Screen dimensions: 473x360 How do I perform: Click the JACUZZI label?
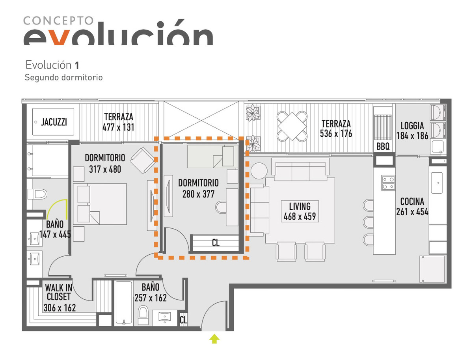point(54,122)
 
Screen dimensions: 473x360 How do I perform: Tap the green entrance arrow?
point(214,338)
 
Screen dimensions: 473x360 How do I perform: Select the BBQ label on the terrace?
point(383,147)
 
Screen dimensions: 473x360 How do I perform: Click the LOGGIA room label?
point(412,126)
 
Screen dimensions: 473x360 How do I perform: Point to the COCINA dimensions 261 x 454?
point(412,212)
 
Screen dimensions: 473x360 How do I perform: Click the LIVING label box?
point(300,211)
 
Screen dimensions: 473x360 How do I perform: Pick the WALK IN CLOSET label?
point(59,292)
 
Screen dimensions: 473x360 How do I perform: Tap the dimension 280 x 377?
point(198,194)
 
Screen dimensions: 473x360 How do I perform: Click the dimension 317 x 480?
point(105,169)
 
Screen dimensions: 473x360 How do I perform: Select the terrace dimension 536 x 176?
point(336,133)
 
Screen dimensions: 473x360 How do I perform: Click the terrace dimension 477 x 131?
point(118,127)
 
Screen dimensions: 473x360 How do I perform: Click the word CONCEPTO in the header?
point(58,21)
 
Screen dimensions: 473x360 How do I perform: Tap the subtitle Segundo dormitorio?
point(63,77)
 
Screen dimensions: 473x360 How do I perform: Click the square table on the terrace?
point(292,126)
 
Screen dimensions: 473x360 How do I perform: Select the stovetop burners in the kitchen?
point(388,183)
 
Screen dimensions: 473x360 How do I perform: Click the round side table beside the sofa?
point(259,171)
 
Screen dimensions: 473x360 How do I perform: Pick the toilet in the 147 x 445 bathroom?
point(37,194)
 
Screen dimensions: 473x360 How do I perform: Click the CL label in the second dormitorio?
point(216,243)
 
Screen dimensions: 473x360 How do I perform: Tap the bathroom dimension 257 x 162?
point(151,298)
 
